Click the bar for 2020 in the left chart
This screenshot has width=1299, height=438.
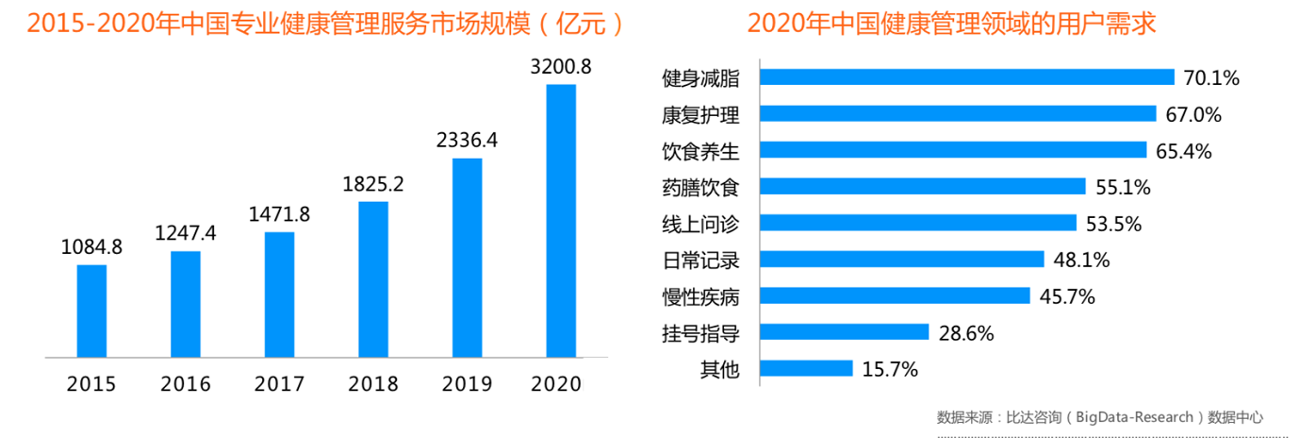point(561,222)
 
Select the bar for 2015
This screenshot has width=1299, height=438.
point(91,312)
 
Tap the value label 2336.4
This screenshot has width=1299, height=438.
point(467,141)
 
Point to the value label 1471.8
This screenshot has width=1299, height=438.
point(279,214)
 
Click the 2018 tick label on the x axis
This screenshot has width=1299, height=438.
point(373,384)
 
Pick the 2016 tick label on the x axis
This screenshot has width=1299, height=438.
point(186,384)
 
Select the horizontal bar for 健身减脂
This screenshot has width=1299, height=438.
point(966,77)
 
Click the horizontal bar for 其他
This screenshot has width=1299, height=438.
point(806,368)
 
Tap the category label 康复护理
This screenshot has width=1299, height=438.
point(700,115)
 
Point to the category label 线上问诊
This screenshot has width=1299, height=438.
point(700,224)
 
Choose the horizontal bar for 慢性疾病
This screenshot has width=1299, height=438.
point(895,295)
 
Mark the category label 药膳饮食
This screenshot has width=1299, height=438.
point(700,188)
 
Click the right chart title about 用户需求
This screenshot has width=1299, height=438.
point(951,24)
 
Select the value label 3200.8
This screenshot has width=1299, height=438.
point(561,67)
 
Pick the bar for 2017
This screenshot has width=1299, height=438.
point(279,295)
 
